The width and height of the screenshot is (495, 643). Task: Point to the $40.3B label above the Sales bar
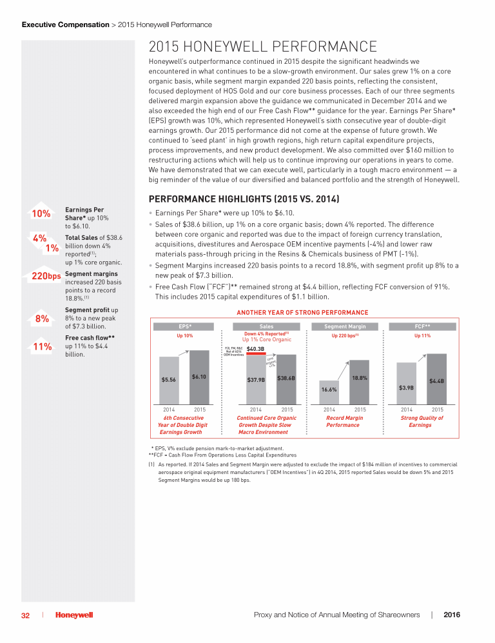click(x=255, y=349)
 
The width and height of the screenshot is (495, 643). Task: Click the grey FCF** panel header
click(x=422, y=326)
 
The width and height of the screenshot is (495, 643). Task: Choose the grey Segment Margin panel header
click(x=344, y=326)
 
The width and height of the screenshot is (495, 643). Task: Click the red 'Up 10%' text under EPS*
click(x=184, y=335)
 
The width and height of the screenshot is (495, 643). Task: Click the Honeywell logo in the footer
click(x=73, y=615)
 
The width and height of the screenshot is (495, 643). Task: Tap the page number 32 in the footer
click(x=25, y=615)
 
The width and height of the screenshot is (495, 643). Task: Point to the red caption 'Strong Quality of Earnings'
click(x=422, y=422)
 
